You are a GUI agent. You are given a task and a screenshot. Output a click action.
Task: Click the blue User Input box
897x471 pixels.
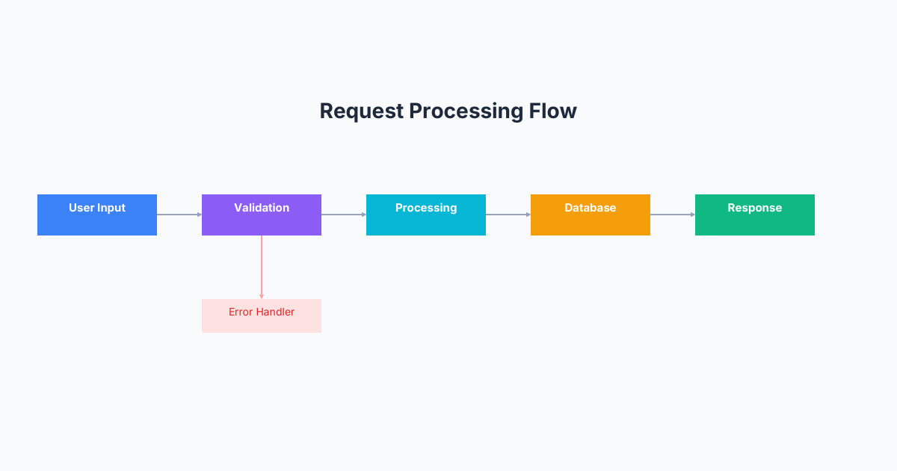pos(97,215)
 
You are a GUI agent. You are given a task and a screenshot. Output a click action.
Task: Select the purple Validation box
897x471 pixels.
pos(262,215)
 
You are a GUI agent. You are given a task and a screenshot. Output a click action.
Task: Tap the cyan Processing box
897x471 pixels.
pos(426,215)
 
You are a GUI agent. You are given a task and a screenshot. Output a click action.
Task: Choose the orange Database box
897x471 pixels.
pos(591,215)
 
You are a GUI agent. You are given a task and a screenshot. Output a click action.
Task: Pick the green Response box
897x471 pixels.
pos(755,215)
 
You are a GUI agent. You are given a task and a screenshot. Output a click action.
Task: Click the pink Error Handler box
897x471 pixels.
pos(262,316)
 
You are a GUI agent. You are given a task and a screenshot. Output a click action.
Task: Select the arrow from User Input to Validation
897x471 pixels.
pos(179,215)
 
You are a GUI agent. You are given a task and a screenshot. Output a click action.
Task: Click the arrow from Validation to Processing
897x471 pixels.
pos(344,215)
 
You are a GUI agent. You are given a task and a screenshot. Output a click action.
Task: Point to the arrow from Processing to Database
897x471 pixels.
pos(508,215)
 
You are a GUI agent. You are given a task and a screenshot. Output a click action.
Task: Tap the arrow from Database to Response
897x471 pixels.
pos(673,215)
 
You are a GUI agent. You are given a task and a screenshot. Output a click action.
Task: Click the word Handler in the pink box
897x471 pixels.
pos(275,312)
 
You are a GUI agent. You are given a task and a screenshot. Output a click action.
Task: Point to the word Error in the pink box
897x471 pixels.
pos(241,312)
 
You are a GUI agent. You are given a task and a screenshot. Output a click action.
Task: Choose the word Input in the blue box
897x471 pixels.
pos(111,208)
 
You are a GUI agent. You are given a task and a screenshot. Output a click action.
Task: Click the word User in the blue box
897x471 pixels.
pos(81,208)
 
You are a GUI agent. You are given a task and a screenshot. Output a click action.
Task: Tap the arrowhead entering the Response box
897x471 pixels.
pos(692,215)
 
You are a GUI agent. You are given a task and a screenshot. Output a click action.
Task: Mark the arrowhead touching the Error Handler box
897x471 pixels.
pos(262,296)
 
